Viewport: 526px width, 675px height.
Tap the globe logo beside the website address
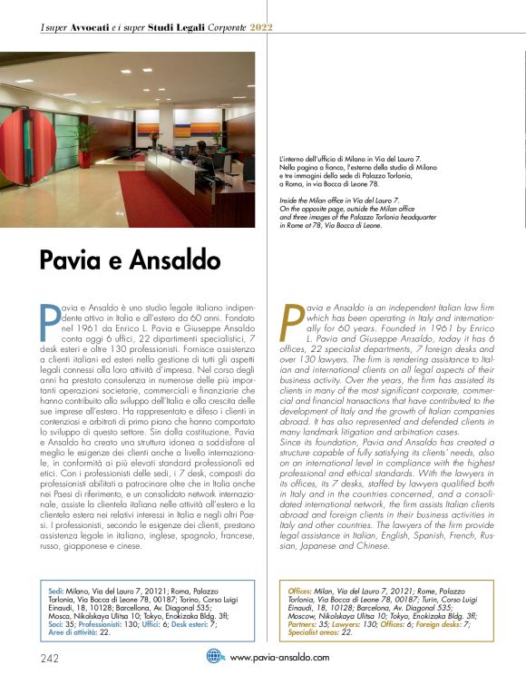[x=215, y=655]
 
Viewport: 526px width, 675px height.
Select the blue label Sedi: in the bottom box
[x=60, y=592]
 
